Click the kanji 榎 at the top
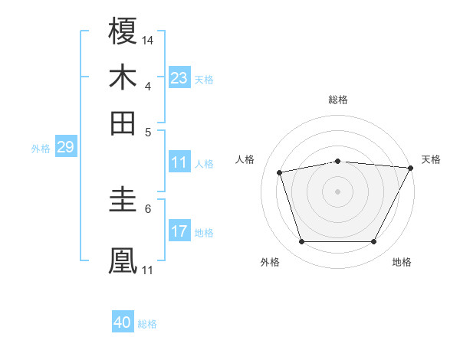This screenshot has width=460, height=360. click(x=123, y=31)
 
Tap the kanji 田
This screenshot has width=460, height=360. click(x=123, y=123)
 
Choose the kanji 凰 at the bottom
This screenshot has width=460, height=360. click(x=123, y=260)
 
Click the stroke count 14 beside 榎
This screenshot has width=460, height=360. click(x=148, y=38)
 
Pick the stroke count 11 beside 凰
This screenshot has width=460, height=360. click(x=148, y=269)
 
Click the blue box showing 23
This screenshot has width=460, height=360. click(x=179, y=78)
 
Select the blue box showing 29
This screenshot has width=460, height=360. click(x=65, y=148)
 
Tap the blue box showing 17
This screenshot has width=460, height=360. click(x=179, y=231)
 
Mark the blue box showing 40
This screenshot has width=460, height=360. click(x=123, y=322)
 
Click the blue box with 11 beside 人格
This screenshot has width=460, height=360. click(x=179, y=162)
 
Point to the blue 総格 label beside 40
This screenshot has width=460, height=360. click(x=148, y=324)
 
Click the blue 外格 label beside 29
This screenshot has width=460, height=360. click(x=41, y=149)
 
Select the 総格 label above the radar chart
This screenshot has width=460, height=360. click(x=338, y=100)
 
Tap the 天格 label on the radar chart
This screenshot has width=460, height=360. click(x=431, y=159)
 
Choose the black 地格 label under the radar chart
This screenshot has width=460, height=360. click(x=402, y=262)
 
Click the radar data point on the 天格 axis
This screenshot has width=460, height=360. click(x=410, y=168)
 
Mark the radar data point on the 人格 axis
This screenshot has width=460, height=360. click(x=280, y=172)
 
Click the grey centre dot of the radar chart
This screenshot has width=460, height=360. click(x=338, y=191)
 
